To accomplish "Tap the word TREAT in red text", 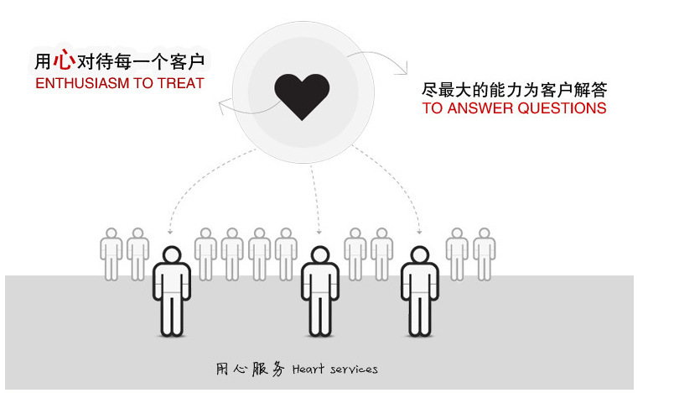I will (180, 84).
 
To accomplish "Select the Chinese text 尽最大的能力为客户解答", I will (515, 89).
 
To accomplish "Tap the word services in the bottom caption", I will (353, 369).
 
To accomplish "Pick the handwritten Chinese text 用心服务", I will (250, 369).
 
